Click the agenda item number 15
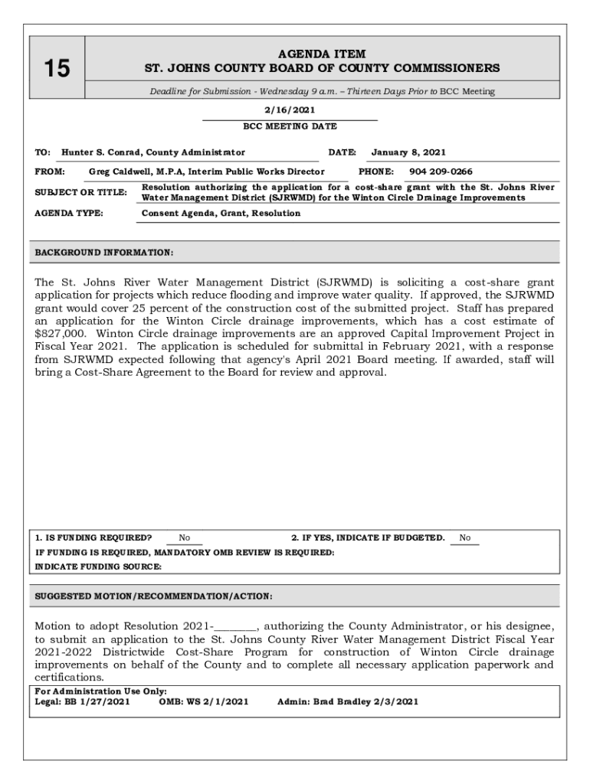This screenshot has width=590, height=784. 56,70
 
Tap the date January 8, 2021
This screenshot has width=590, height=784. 408,152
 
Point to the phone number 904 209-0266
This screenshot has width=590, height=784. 441,171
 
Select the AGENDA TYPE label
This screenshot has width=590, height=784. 69,213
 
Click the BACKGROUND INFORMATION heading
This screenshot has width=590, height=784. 104,252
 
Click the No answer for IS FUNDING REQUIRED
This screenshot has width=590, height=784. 185,538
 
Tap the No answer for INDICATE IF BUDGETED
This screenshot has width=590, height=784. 465,538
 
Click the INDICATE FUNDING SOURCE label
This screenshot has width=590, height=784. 98,567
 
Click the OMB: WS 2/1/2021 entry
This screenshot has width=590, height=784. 203,701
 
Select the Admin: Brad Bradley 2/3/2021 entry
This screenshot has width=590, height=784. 347,701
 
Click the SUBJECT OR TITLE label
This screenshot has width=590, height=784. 81,192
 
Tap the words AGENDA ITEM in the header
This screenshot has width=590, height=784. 322,54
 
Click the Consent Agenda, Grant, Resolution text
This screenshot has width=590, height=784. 221,213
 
